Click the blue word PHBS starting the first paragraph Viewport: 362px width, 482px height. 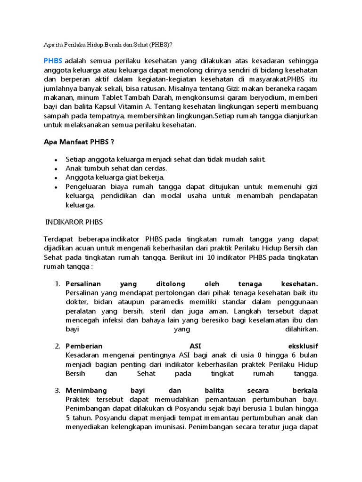click(53, 61)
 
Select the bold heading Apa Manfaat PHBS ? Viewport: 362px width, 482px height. click(79, 142)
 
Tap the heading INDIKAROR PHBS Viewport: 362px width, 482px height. click(74, 222)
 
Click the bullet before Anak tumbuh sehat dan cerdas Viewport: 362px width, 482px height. click(56, 169)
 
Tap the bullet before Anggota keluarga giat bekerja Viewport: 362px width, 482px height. click(56, 178)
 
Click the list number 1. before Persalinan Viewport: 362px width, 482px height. click(58, 284)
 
